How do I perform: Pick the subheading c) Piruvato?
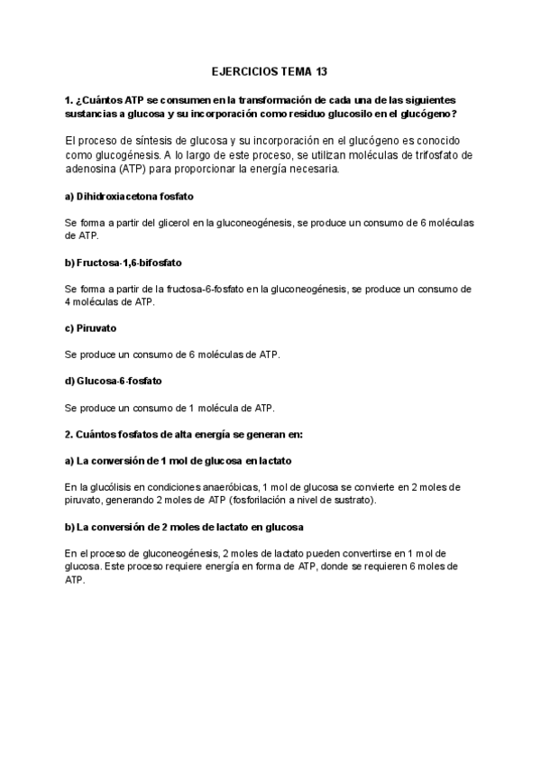point(91,328)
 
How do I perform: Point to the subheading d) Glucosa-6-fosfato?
point(114,381)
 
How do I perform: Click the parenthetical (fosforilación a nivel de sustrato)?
point(306,499)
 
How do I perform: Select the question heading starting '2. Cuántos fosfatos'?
point(184,434)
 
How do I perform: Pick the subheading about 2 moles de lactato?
point(184,526)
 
